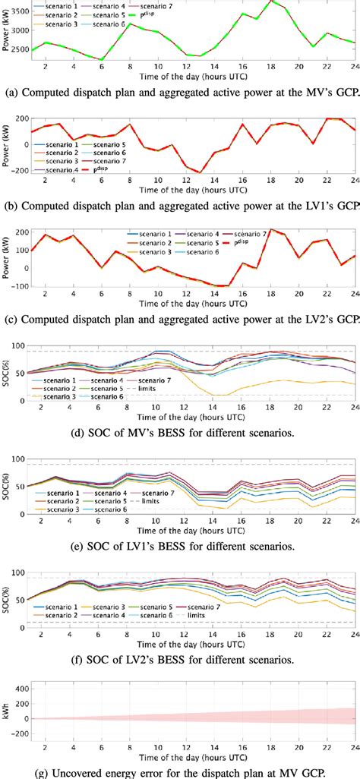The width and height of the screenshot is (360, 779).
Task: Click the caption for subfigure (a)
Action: (180, 93)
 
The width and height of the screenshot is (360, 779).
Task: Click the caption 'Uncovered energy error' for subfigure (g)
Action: (180, 772)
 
